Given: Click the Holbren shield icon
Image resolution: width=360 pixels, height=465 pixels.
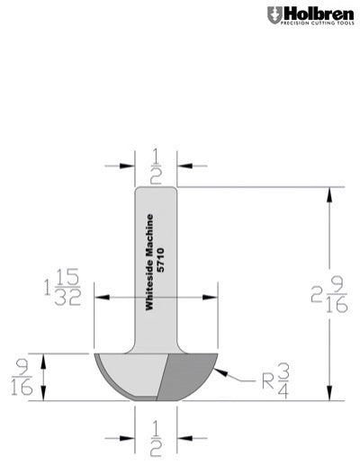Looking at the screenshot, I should point(274,15).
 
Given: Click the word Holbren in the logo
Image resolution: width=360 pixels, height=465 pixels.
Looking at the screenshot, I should point(314,13).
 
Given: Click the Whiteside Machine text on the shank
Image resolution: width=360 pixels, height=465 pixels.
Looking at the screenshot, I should point(150,261).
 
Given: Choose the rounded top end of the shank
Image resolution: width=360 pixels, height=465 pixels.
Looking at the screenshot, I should point(156,189).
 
